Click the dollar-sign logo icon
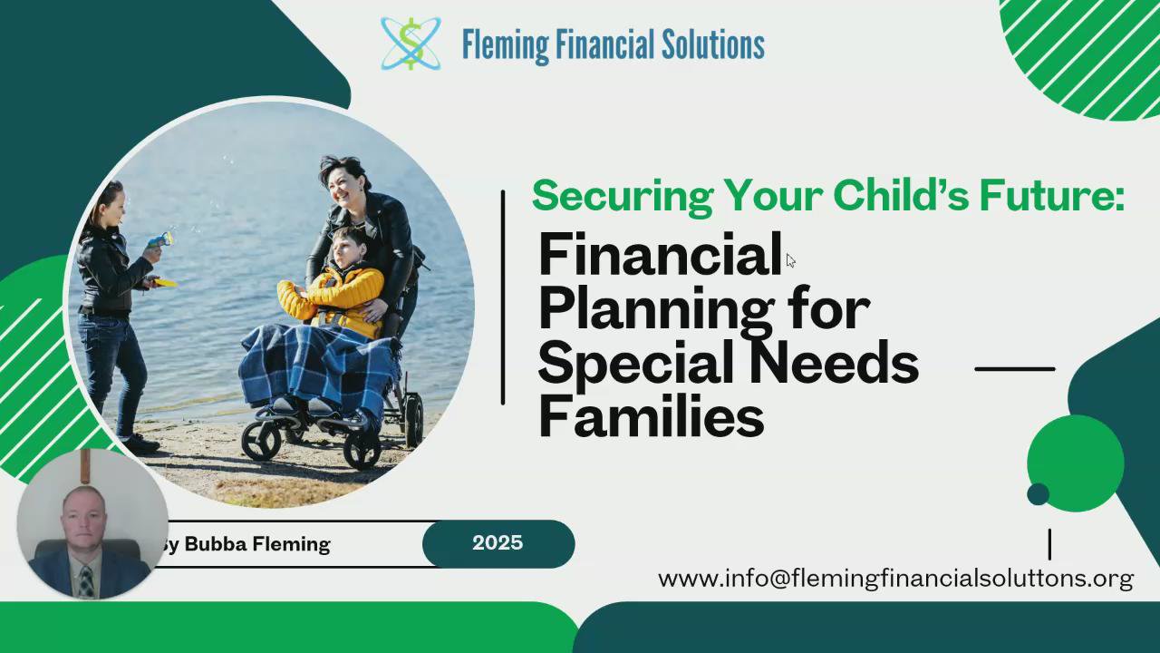tap(411, 44)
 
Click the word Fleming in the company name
tap(505, 45)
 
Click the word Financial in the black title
tap(661, 255)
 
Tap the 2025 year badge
tap(498, 543)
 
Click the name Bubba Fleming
tap(257, 545)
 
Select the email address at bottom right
tap(895, 579)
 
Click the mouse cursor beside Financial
tap(790, 260)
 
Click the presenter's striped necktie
tap(86, 581)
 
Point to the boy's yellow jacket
tap(333, 299)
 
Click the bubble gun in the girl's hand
tap(161, 239)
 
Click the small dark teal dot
tap(1039, 494)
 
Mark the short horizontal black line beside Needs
tap(1015, 369)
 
